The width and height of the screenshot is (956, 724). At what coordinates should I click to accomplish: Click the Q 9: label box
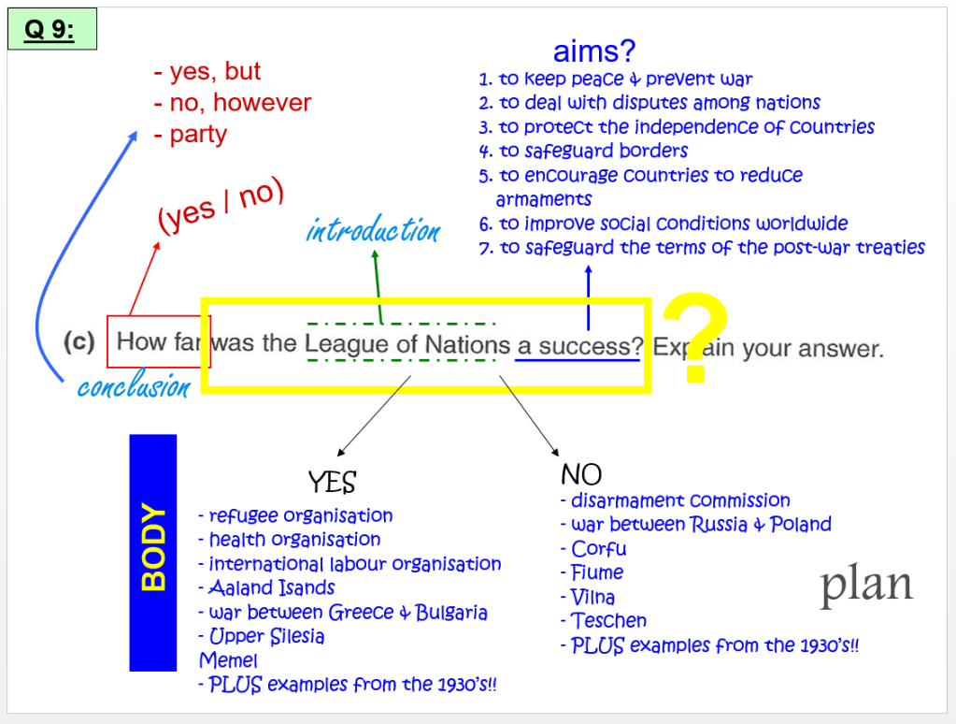[51, 30]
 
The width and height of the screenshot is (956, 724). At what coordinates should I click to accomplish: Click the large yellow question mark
[694, 339]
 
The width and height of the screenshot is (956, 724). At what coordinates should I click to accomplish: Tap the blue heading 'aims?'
[595, 51]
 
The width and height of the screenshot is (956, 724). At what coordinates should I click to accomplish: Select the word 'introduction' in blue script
[373, 230]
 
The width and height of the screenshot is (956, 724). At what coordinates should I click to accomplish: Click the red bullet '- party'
[191, 134]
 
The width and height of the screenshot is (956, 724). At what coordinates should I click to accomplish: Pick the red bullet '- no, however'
[233, 103]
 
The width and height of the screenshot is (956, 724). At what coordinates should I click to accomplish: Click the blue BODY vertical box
[152, 553]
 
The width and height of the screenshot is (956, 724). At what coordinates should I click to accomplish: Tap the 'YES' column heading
[332, 482]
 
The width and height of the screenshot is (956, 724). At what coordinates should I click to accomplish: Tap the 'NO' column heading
[580, 473]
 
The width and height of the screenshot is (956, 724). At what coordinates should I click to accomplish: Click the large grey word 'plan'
[866, 584]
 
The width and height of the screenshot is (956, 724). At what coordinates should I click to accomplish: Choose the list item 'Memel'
[228, 660]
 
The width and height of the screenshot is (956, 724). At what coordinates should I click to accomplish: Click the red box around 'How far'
[152, 341]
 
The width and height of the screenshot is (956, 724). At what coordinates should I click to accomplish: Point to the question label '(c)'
[79, 342]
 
